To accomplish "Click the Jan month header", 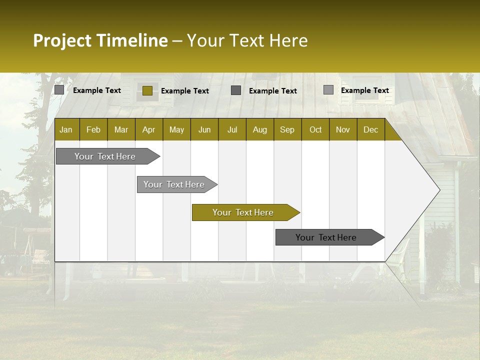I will point(66,129).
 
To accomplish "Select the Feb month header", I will point(93,129).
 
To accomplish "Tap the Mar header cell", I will point(121,129).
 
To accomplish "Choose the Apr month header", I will point(149,129).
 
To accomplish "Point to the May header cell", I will point(176,129).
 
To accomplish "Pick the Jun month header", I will point(204,129).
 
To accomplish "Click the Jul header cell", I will point(232,129).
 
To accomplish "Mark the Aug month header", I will point(260,129).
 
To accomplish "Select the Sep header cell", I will point(287,129).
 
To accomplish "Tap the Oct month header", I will point(315,129).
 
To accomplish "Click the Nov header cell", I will point(343,129).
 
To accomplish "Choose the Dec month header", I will point(371,129).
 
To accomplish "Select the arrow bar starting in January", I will point(105,156).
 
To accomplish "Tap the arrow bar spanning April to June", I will point(174,184).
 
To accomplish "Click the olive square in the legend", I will point(147,90).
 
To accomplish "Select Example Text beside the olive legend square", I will point(185,91).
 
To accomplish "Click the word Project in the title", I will point(62,40).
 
